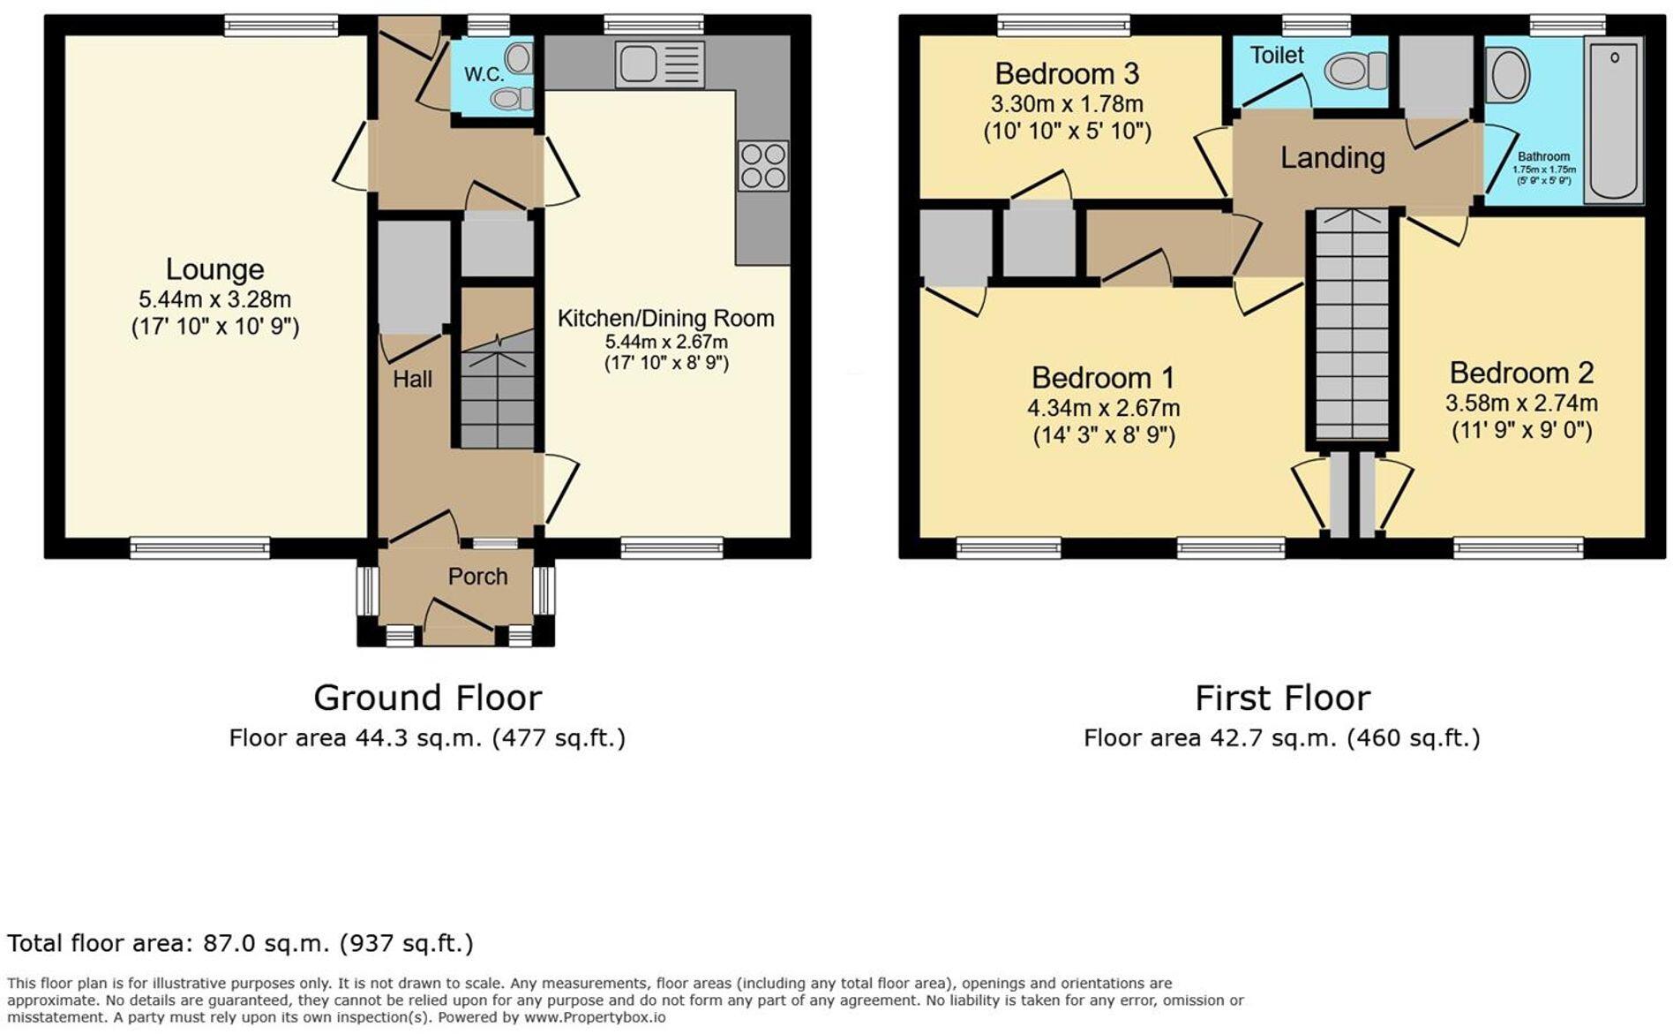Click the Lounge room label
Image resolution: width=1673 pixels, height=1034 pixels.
pyautogui.click(x=214, y=269)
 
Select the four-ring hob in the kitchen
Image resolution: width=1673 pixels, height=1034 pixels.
pyautogui.click(x=763, y=166)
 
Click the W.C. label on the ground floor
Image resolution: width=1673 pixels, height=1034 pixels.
pyautogui.click(x=484, y=75)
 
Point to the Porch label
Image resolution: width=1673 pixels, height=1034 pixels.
pyautogui.click(x=477, y=577)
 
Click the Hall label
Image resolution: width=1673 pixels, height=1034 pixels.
pyautogui.click(x=412, y=379)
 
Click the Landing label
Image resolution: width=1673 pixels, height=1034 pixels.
pyautogui.click(x=1332, y=158)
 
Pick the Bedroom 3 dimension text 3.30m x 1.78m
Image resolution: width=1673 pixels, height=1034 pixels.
pyautogui.click(x=1067, y=104)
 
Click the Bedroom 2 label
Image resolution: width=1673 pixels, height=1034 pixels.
pyautogui.click(x=1521, y=373)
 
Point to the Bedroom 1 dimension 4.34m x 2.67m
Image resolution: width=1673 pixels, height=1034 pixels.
pyautogui.click(x=1103, y=408)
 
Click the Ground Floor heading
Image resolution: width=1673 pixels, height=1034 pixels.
pyautogui.click(x=427, y=698)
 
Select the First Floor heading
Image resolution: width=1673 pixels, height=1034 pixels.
pyautogui.click(x=1282, y=698)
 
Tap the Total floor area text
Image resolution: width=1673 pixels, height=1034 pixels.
pyautogui.click(x=240, y=943)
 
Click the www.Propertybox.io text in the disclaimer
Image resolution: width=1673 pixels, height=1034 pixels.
pyautogui.click(x=595, y=1017)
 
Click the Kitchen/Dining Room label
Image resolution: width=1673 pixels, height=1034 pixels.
pyautogui.click(x=665, y=318)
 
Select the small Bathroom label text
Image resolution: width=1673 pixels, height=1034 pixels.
pyautogui.click(x=1543, y=156)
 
